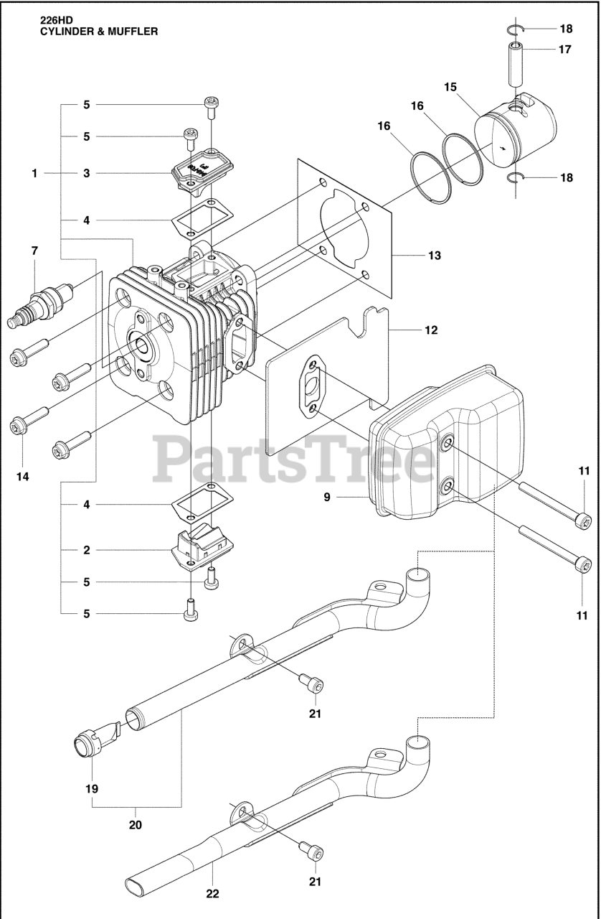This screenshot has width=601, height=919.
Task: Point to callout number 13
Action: (x=435, y=255)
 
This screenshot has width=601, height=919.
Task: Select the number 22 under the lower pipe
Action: (x=212, y=894)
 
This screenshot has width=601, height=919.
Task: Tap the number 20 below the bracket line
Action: (x=136, y=825)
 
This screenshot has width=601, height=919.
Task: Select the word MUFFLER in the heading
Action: (x=128, y=32)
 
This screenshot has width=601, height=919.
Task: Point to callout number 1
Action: (x=34, y=173)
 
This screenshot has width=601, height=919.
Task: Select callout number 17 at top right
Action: (x=566, y=50)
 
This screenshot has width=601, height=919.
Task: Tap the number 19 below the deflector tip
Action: (x=91, y=788)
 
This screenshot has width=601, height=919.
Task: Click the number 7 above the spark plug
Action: (x=34, y=251)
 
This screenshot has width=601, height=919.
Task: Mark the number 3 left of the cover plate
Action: (x=86, y=173)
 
